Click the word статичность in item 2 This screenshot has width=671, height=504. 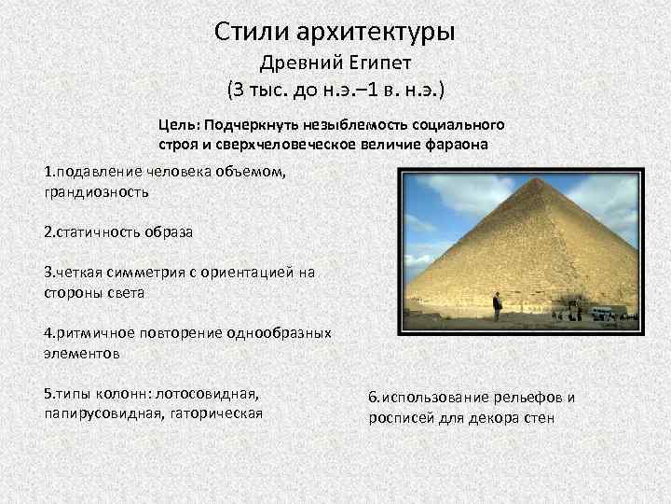[97, 231]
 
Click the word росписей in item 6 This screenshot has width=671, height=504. [400, 417]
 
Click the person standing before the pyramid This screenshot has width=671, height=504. [497, 306]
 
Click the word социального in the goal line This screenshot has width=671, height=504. [462, 125]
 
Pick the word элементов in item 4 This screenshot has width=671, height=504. [81, 354]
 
